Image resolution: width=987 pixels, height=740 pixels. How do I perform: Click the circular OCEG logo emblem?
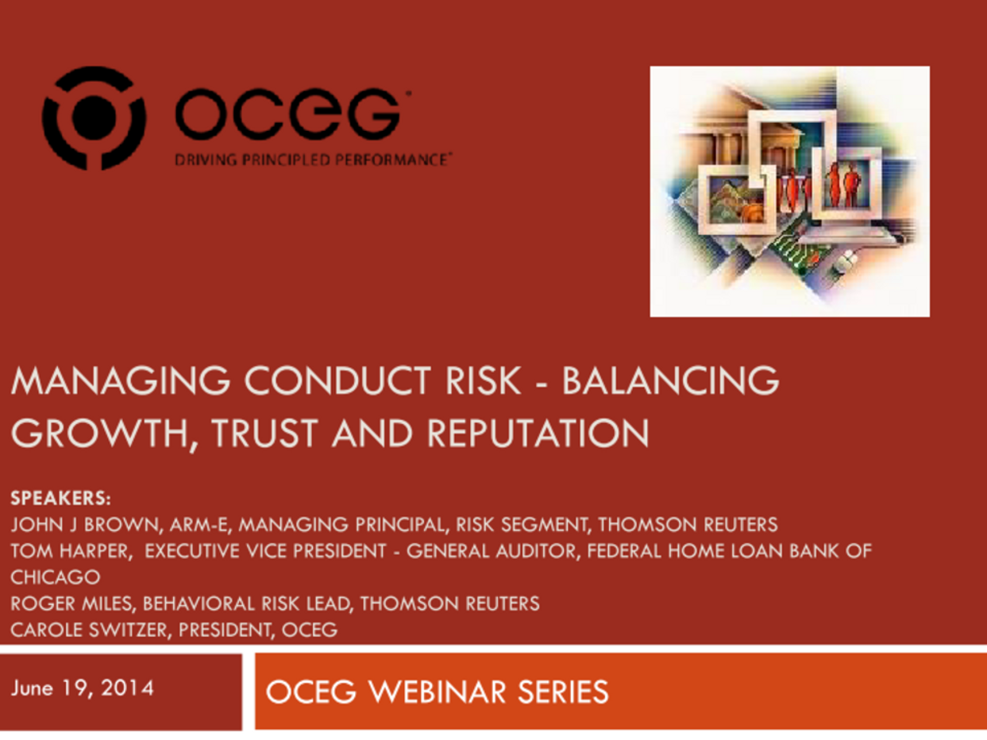(x=94, y=118)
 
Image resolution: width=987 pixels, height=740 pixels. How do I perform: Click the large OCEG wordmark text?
(x=287, y=116)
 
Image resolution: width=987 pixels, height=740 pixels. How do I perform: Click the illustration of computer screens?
(x=789, y=191)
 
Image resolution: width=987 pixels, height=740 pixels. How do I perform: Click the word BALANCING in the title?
(x=670, y=382)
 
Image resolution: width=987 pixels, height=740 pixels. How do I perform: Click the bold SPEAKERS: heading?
(x=60, y=499)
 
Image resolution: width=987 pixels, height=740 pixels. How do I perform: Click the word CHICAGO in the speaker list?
(x=55, y=577)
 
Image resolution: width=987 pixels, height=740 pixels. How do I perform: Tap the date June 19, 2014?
(x=82, y=688)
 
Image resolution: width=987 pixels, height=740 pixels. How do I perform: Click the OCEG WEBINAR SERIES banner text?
(x=437, y=692)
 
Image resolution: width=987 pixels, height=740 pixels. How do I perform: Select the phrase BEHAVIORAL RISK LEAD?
(x=246, y=603)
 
